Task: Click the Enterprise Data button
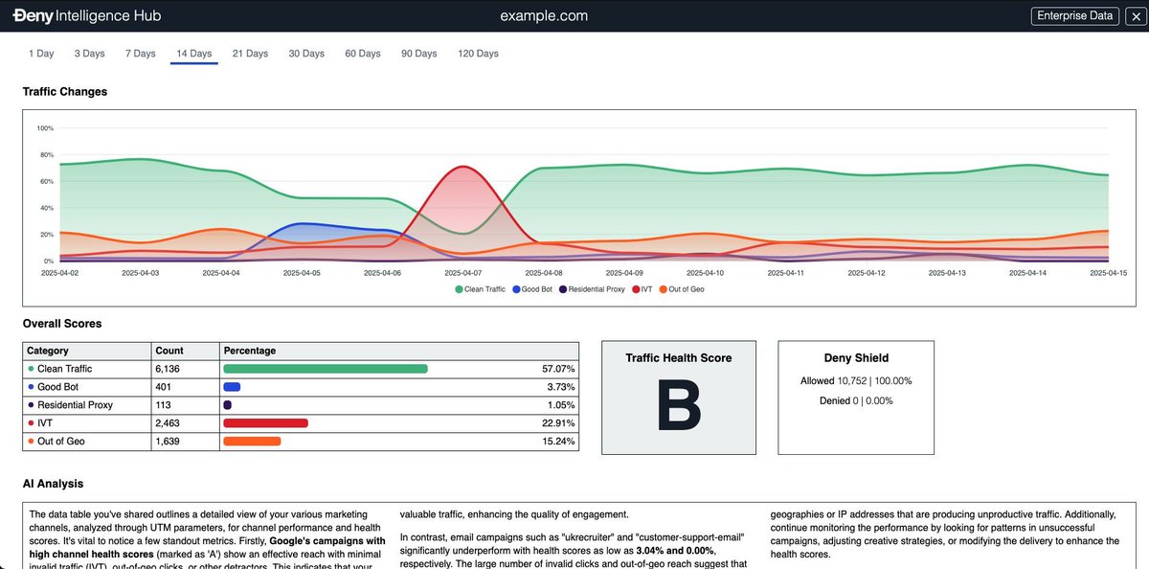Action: tap(1074, 15)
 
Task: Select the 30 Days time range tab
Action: tap(306, 54)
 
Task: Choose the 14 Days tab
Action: tap(194, 54)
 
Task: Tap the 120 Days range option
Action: tap(478, 54)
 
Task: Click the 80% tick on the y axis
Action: tap(46, 154)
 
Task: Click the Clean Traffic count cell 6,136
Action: tap(168, 369)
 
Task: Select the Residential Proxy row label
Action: tap(75, 405)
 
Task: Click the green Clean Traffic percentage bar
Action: tap(326, 369)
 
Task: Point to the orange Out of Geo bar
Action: tap(252, 442)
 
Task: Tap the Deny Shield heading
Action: tap(855, 357)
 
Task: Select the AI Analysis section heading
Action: tap(54, 485)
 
